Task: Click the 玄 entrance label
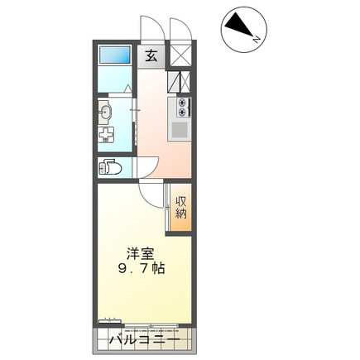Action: [x=151, y=56]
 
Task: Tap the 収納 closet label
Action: [x=181, y=207]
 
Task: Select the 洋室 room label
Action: [x=140, y=253]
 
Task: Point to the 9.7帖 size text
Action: [x=142, y=268]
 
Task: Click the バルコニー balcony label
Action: [x=144, y=339]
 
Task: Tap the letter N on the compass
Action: [x=257, y=39]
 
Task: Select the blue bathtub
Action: [x=114, y=55]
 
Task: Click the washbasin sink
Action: [x=105, y=112]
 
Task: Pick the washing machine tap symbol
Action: [x=105, y=135]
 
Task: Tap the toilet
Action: [x=110, y=167]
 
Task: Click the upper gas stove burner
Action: [x=181, y=103]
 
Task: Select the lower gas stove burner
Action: [x=181, y=112]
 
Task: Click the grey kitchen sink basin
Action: [x=180, y=130]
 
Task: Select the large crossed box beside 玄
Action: [x=180, y=55]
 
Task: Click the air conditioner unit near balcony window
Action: [x=110, y=321]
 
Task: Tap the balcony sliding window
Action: [x=151, y=325]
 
